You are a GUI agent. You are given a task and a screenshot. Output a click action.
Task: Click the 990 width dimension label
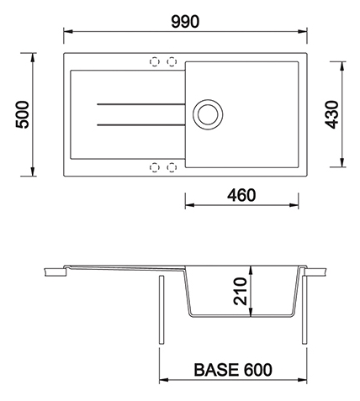point(185,22)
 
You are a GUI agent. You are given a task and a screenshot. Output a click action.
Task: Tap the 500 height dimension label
point(22,114)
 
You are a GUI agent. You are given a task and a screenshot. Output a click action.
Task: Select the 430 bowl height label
point(331,114)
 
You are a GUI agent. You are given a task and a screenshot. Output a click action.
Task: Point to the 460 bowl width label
point(241,195)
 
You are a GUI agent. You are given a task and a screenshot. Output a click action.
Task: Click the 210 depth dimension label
point(241,291)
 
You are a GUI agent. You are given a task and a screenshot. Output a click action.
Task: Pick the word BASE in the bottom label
point(216,370)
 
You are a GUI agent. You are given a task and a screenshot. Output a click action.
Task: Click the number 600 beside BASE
point(257,370)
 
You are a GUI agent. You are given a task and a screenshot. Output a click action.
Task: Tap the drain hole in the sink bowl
point(208,114)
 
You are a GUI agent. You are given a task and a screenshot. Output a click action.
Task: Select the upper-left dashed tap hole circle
point(155,61)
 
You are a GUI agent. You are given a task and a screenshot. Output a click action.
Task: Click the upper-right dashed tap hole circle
point(172,61)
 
